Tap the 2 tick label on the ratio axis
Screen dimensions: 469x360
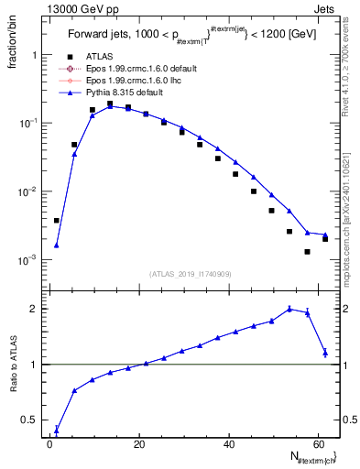(x=35, y=309)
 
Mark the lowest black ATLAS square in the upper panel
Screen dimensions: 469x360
(x=308, y=252)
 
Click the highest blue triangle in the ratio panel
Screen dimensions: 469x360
(x=289, y=309)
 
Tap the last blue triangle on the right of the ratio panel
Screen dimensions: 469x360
(x=325, y=352)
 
